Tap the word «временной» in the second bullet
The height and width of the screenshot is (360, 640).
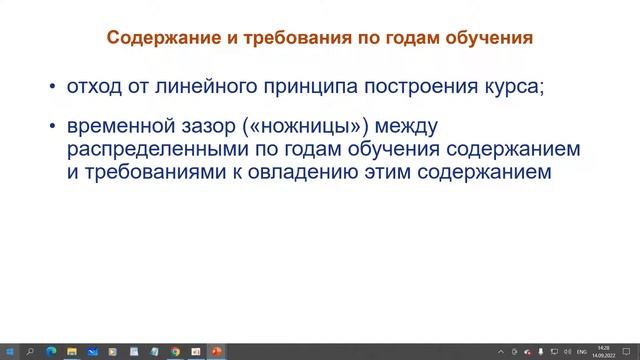(x=111, y=128)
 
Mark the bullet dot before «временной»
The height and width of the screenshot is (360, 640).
(x=52, y=128)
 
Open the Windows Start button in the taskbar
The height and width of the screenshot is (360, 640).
(x=9, y=351)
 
